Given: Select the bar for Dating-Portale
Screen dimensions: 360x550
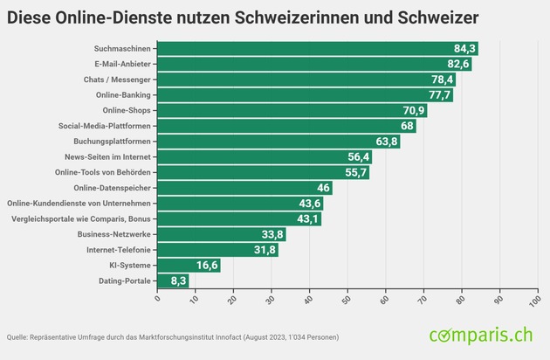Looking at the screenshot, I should [x=173, y=281].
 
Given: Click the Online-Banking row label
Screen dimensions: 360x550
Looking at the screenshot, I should [x=121, y=95].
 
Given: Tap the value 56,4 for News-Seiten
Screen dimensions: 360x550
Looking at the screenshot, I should [x=359, y=157].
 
